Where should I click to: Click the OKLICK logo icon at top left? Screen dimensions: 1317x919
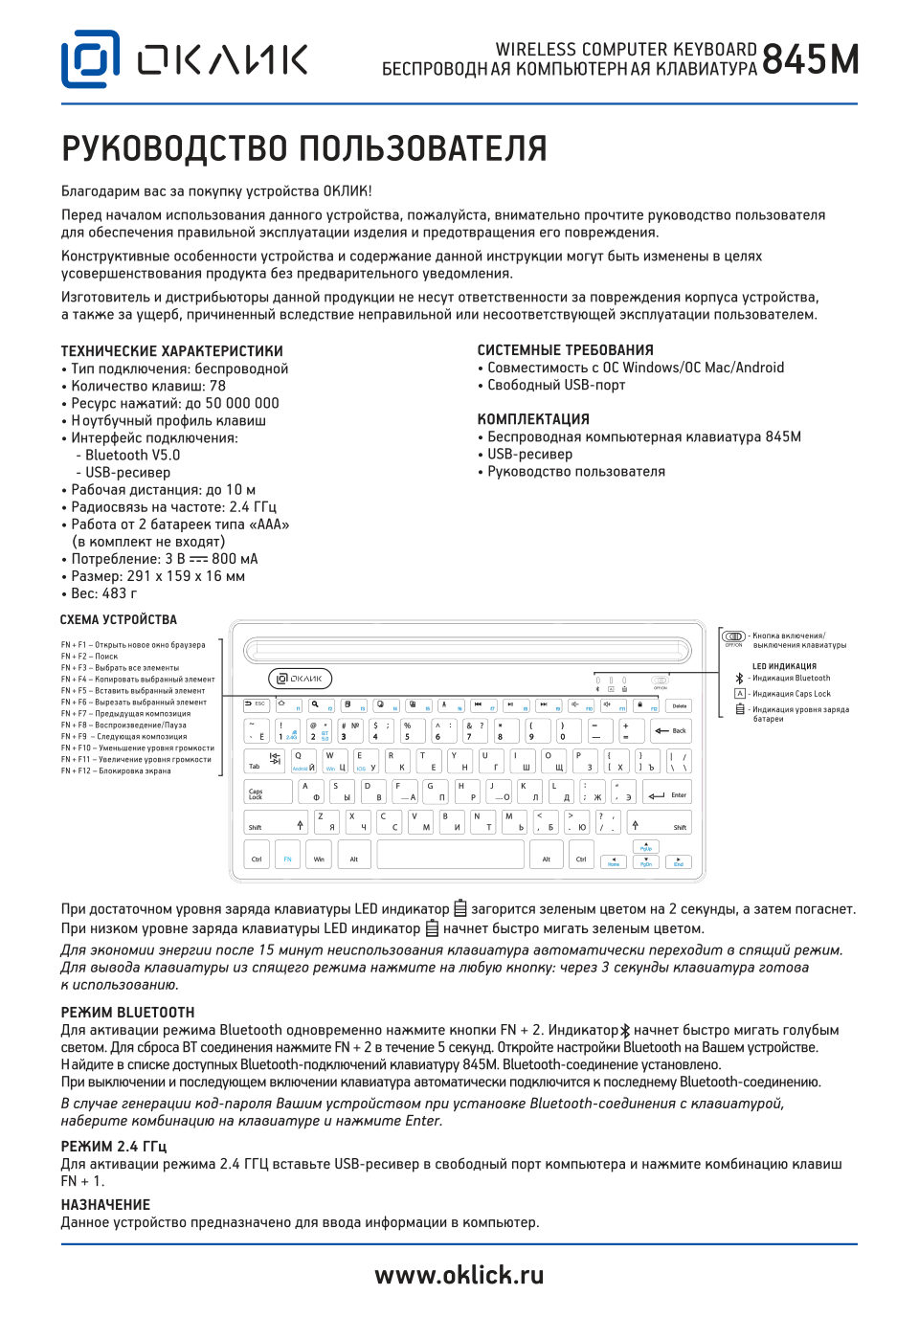click(x=91, y=59)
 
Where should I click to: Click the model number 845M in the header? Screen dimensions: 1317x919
click(x=810, y=60)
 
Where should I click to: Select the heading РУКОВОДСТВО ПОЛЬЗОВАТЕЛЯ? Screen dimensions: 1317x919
click(x=304, y=149)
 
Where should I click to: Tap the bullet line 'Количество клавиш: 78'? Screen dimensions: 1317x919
click(x=148, y=386)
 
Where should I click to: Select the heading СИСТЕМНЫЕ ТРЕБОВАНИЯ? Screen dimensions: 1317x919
click(x=565, y=350)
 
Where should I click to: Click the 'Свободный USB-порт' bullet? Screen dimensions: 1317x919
click(x=556, y=385)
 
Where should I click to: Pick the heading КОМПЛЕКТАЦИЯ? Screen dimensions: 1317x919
click(x=533, y=419)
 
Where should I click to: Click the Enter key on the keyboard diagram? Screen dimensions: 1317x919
click(x=667, y=793)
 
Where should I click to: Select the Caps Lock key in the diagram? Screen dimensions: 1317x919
click(x=268, y=792)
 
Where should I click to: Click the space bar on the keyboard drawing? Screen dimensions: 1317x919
click(x=450, y=855)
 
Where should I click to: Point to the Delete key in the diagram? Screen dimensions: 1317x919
click(x=679, y=705)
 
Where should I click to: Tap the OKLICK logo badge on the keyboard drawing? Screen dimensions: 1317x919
click(x=300, y=679)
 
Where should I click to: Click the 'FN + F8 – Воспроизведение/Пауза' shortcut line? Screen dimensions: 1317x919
click(x=123, y=725)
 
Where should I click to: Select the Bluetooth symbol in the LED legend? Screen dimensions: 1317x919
click(x=739, y=678)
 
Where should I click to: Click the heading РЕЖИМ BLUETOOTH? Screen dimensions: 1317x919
click(x=127, y=1013)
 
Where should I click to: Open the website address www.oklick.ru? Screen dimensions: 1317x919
click(x=459, y=1275)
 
